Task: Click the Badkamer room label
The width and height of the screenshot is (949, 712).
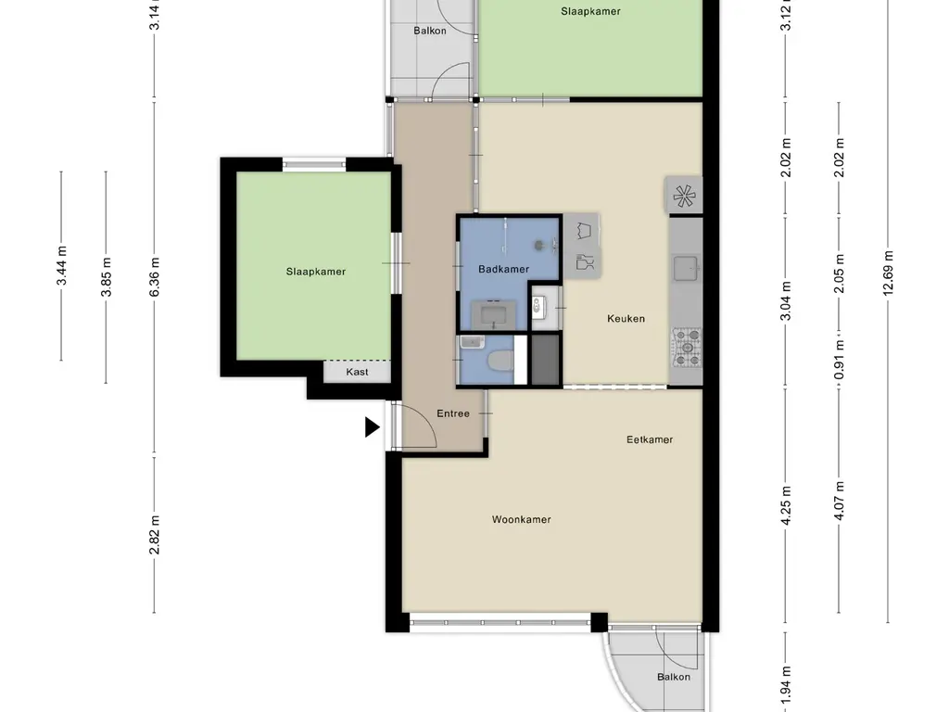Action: [503, 269]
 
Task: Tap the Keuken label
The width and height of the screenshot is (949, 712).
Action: [626, 319]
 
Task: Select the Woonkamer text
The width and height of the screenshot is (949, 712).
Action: [521, 519]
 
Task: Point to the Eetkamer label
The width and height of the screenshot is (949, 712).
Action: [650, 439]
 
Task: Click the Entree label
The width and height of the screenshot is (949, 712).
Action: [452, 413]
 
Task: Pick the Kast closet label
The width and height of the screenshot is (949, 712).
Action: [357, 372]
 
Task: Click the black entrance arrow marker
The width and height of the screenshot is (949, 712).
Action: [372, 426]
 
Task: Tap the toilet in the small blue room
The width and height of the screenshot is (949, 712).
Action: [500, 362]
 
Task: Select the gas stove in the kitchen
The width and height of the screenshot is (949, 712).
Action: [688, 349]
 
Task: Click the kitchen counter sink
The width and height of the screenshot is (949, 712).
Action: [687, 269]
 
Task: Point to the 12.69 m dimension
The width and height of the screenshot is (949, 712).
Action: [888, 273]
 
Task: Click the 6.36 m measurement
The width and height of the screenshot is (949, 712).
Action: [155, 276]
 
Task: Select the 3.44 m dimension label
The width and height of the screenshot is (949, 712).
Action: [61, 266]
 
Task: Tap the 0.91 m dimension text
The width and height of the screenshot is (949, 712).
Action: [839, 359]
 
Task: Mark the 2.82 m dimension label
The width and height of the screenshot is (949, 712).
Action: [155, 535]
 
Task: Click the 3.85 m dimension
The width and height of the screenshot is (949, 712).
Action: [106, 277]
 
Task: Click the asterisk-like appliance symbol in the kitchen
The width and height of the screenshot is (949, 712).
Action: [684, 196]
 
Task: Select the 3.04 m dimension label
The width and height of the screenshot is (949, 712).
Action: [786, 301]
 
